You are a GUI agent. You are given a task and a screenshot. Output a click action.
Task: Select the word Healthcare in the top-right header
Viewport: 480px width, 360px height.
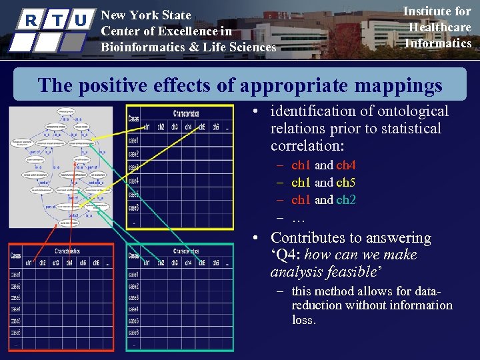coord(439,27)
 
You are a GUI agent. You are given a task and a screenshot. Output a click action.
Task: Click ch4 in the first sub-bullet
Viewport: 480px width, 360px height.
coord(346,165)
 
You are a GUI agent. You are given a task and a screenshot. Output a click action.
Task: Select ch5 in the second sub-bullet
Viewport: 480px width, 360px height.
coord(346,183)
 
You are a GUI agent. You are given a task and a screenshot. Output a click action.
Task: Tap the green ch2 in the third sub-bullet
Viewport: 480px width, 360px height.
coord(346,200)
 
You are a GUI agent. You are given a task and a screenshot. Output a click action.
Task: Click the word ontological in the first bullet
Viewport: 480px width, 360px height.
coord(414,111)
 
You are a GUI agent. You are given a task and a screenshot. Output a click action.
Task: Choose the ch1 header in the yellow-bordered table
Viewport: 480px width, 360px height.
coord(146,127)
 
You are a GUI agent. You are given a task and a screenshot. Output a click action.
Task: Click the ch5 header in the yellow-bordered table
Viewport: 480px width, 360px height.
coord(202,127)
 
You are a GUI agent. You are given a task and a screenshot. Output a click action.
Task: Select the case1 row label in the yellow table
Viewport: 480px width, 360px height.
coord(133,140)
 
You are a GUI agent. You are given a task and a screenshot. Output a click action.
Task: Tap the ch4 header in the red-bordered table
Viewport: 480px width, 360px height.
coord(69,263)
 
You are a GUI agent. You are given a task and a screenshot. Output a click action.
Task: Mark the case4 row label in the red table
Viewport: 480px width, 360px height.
coord(15,309)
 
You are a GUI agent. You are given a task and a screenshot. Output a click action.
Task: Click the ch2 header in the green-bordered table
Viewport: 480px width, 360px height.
coord(161,263)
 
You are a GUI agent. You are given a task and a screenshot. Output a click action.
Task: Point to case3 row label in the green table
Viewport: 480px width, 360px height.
coord(133,297)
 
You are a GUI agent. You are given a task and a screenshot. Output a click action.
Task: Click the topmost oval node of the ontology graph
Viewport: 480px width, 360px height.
coord(65,112)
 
